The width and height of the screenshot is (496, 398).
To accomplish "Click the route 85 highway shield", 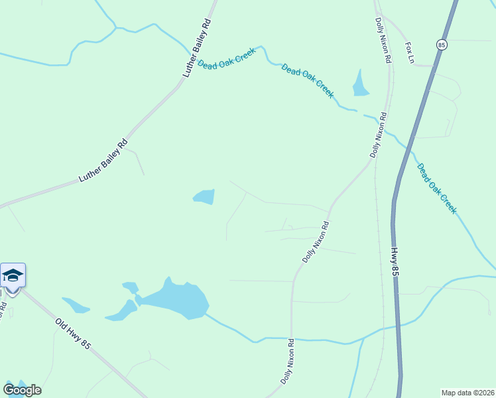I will [x=442, y=44].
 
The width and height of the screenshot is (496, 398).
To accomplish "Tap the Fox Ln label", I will [x=409, y=52].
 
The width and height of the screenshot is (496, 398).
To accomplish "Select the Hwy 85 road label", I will [x=395, y=263].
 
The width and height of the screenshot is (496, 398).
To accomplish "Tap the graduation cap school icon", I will [x=13, y=275].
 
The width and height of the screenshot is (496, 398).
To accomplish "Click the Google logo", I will [x=22, y=390].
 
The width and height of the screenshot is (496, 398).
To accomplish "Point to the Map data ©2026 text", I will [x=468, y=393].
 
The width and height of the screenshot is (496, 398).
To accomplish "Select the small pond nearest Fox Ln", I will [x=361, y=84].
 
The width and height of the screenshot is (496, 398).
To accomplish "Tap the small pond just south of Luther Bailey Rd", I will [x=204, y=196].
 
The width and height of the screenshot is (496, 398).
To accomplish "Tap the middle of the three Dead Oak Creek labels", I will [x=308, y=80].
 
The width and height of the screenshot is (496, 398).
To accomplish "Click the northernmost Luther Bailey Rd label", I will [x=196, y=48].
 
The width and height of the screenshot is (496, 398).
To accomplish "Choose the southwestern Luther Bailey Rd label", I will [x=103, y=159].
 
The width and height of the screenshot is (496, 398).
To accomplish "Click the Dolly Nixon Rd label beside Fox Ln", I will [x=381, y=40].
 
